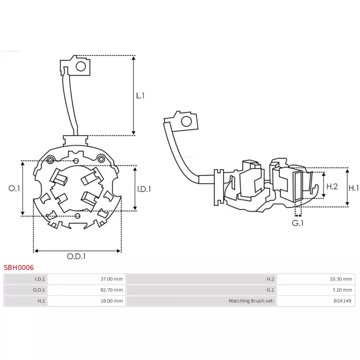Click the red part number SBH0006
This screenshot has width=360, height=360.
pos(19,267)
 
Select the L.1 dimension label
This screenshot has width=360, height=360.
pos(140,95)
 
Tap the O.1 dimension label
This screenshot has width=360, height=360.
pos(14,189)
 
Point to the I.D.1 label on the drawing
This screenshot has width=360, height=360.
pos(144,189)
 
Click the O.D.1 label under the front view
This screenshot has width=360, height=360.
pos(76,256)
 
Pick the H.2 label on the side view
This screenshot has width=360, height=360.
pos(332,186)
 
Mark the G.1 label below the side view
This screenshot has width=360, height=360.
pos(297,223)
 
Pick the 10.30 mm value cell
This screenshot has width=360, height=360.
pos(341,279)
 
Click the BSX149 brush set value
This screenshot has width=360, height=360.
pos(343,301)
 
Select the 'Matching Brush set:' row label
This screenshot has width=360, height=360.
pos(252,301)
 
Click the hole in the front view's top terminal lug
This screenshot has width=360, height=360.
pos(81,67)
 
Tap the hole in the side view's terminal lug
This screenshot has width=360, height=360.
pos(185,121)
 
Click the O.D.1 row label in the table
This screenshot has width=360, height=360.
pos(40,290)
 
